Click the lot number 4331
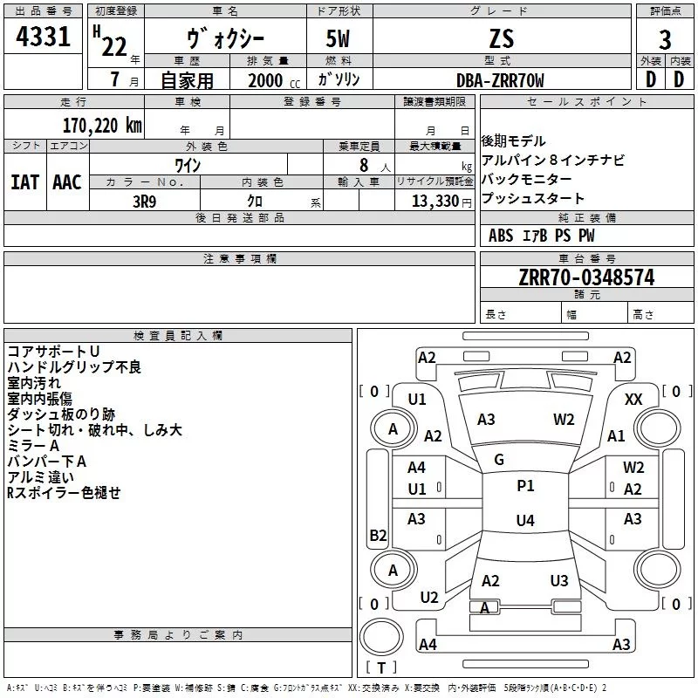pyautogui.click(x=43, y=40)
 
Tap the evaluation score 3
pyautogui.click(x=665, y=40)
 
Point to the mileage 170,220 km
pyautogui.click(x=101, y=125)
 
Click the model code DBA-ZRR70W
pyautogui.click(x=500, y=80)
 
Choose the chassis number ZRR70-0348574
pyautogui.click(x=586, y=277)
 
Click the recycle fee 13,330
pyautogui.click(x=434, y=202)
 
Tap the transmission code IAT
pyautogui.click(x=24, y=182)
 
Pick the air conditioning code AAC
pyautogui.click(x=66, y=182)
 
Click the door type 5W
pyautogui.click(x=340, y=40)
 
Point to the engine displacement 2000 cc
pyautogui.click(x=266, y=80)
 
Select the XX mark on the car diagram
pyautogui.click(x=634, y=399)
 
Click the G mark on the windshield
pyautogui.click(x=499, y=460)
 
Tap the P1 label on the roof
pyautogui.click(x=525, y=486)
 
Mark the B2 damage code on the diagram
pyautogui.click(x=379, y=535)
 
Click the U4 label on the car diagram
pyautogui.click(x=524, y=521)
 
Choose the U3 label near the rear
pyautogui.click(x=559, y=580)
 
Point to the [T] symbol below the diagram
pyautogui.click(x=380, y=667)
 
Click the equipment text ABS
pyautogui.click(x=501, y=236)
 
